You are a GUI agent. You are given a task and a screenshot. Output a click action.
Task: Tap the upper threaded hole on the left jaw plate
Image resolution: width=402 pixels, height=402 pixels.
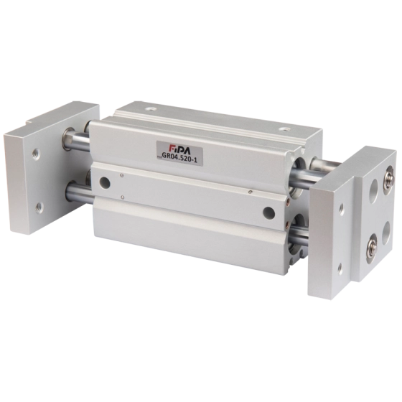tap(36, 154)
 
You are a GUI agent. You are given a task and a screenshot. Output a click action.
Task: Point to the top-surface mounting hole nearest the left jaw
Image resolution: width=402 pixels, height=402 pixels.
tap(151, 109)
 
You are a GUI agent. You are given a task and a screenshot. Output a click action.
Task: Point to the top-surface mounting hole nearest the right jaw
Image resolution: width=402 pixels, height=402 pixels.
tap(285, 129)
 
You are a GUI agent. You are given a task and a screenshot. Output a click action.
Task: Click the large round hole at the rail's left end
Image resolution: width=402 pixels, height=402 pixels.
tap(104, 183)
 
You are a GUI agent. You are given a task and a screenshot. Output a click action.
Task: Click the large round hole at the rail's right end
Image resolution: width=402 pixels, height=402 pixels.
tap(269, 213)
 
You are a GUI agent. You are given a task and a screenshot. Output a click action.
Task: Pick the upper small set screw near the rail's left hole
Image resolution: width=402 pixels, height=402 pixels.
tap(122, 175)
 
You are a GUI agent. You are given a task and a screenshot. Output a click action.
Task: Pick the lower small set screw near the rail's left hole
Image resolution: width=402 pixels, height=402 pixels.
tap(123, 197)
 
